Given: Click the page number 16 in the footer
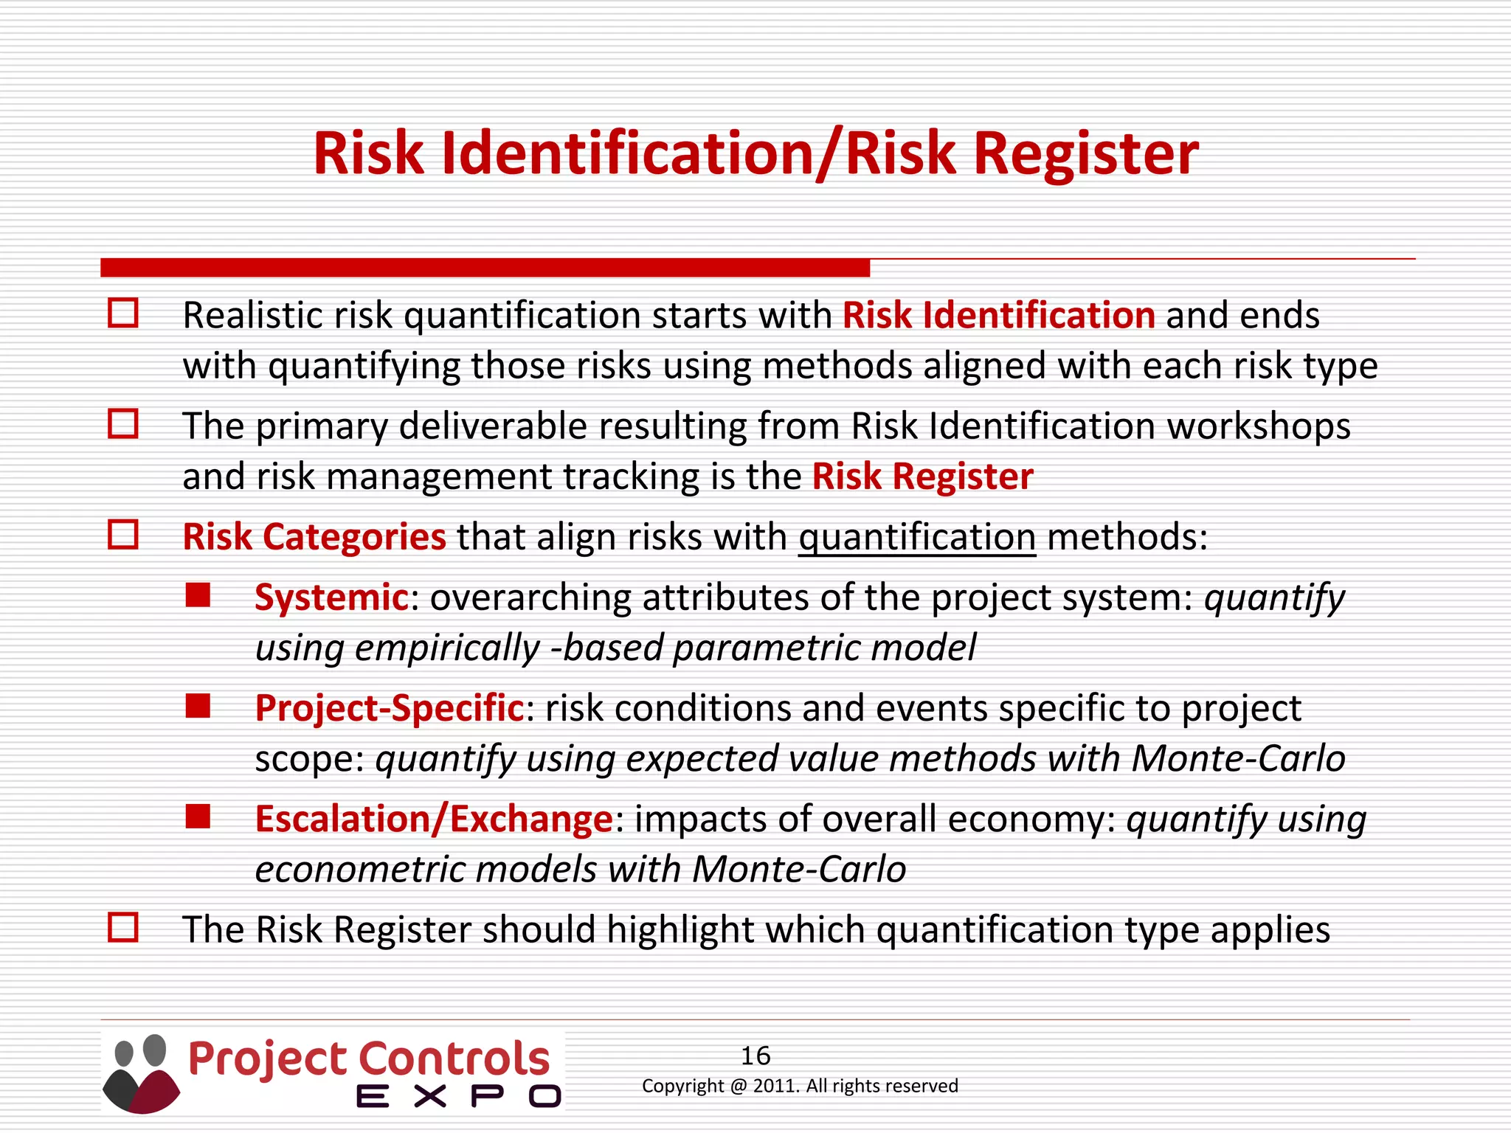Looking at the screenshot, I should (x=755, y=1056).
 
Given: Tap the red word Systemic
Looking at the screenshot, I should (x=331, y=597).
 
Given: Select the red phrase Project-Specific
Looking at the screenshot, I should (x=389, y=708).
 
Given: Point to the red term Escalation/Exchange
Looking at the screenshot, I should (x=434, y=819).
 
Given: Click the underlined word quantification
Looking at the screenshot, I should (x=917, y=537).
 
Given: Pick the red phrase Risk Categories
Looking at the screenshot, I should (x=314, y=537).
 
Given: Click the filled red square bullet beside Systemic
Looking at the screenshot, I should (x=198, y=595).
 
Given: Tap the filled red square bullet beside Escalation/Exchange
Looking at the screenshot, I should (x=198, y=817).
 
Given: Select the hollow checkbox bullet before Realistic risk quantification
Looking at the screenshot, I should (x=123, y=313).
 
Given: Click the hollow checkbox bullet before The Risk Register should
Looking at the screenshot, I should (x=123, y=927).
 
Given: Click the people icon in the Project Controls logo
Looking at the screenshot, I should (x=141, y=1073).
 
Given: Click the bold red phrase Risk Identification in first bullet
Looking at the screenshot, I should (x=999, y=316).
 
